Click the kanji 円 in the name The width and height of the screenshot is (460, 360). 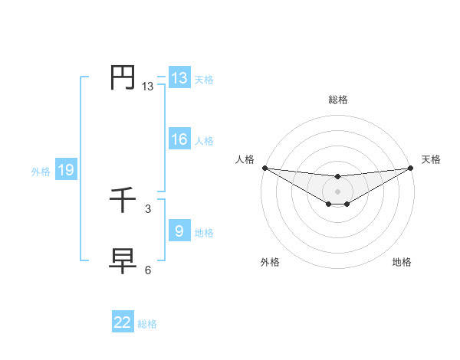point(123,78)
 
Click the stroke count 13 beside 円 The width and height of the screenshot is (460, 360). point(147,87)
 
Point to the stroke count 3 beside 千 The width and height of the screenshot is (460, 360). point(147,208)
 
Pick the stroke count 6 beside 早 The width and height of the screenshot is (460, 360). point(147,270)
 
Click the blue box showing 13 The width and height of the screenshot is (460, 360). point(179,78)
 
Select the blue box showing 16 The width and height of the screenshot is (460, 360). point(179,139)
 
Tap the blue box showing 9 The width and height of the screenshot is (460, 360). point(179,231)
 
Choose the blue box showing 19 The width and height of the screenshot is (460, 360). point(66,170)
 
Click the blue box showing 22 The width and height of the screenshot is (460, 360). point(123,322)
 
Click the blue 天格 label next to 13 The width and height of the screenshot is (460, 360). point(204,80)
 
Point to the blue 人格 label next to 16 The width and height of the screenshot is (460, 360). point(204,141)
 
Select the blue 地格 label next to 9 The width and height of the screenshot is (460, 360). point(204,233)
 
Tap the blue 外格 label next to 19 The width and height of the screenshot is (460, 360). point(41,172)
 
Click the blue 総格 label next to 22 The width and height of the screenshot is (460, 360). point(147,324)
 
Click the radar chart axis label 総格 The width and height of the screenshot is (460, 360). point(338,100)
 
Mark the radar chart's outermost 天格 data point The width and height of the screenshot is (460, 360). point(411,168)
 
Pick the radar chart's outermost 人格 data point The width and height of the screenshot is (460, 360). point(264,168)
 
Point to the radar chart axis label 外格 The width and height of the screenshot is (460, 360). point(270,263)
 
